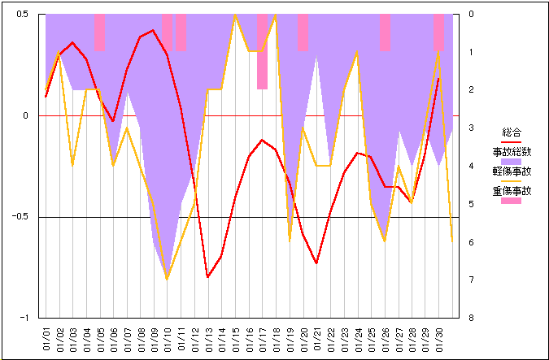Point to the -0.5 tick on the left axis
pyautogui.click(x=20, y=217)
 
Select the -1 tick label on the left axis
pyautogui.click(x=24, y=318)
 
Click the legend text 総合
pyautogui.click(x=511, y=132)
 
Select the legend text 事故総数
pyautogui.click(x=511, y=151)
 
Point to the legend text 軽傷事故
pyautogui.click(x=511, y=171)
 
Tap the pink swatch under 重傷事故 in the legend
pyautogui.click(x=511, y=201)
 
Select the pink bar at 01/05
pyautogui.click(x=100, y=33)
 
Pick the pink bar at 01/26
pyautogui.click(x=385, y=33)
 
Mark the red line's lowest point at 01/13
pyautogui.click(x=208, y=277)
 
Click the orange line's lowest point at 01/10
pyautogui.click(x=168, y=280)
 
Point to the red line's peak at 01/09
pyautogui.click(x=154, y=30)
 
